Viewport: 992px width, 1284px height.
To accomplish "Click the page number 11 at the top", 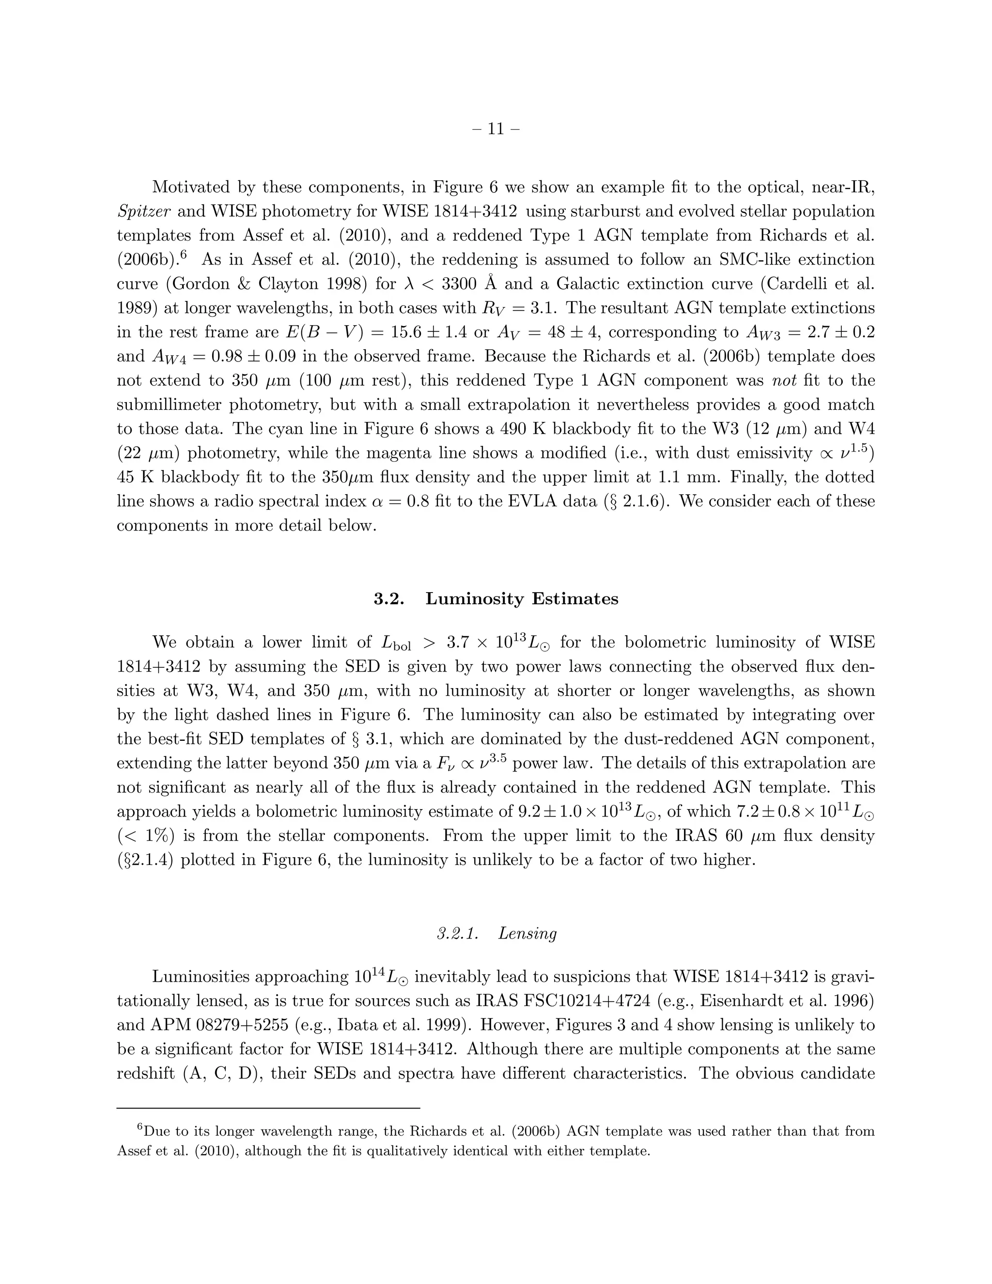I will pos(496,129).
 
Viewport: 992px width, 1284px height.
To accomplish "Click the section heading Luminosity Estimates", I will pos(522,598).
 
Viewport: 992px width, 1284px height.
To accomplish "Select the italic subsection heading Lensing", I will pos(527,933).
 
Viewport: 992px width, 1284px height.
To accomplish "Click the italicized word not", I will pos(785,380).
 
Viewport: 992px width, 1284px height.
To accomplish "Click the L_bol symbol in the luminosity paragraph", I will pos(396,643).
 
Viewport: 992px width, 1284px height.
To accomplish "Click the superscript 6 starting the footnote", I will pos(140,1127).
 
